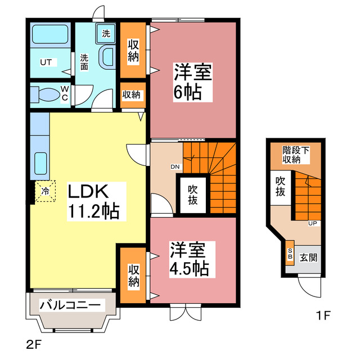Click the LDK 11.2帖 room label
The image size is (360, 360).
coord(93,201)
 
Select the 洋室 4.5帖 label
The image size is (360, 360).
coord(188,258)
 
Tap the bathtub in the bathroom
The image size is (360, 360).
coord(49,36)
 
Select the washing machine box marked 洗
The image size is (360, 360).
coord(106,33)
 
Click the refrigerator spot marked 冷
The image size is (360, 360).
coord(44,191)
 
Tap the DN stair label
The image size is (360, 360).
coord(174,166)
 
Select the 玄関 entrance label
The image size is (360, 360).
coord(308,258)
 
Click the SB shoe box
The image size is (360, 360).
coord(291,255)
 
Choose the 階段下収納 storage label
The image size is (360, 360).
coord(296,154)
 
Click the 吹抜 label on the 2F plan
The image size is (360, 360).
coord(192,195)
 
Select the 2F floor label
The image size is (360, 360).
coord(33,342)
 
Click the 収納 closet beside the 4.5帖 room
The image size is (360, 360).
coord(133,275)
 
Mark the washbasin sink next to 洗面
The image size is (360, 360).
coord(106,57)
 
